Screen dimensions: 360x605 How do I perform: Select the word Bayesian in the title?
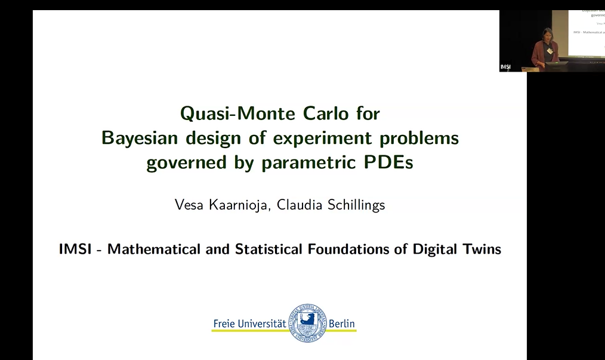[x=137, y=138]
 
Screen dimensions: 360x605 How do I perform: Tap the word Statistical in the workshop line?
[x=270, y=249]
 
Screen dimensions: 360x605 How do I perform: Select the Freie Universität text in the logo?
[x=249, y=324]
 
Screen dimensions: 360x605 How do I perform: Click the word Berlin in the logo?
[x=342, y=324]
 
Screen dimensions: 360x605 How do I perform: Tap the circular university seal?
[x=308, y=323]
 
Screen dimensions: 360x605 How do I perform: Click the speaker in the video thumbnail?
[x=546, y=46]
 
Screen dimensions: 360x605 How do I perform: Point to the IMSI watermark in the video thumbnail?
[x=505, y=66]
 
